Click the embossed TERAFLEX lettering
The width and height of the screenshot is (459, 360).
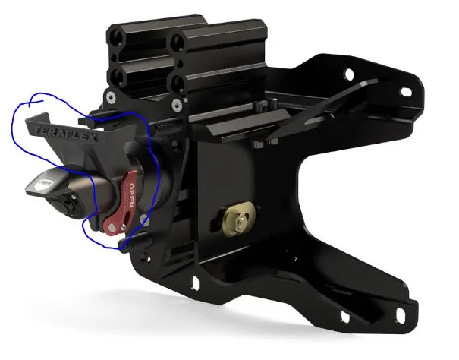coord(65,134)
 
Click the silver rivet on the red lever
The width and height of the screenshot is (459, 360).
coord(112,226)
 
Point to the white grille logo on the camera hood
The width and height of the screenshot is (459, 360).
coord(42,185)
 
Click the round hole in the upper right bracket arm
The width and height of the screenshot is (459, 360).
coord(349,74)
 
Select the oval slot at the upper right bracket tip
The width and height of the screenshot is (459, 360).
coord(407,92)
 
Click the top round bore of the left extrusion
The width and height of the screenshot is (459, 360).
coord(118,37)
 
